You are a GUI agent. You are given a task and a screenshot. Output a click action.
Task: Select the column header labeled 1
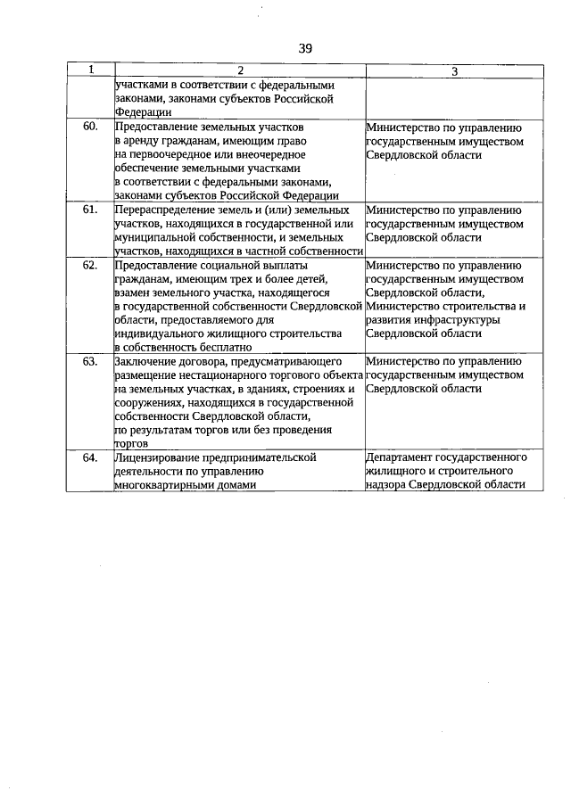coord(91,70)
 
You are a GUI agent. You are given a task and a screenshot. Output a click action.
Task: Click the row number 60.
coord(90,127)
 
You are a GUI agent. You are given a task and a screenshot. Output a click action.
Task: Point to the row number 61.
coord(90,210)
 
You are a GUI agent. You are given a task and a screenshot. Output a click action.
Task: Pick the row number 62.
coord(90,265)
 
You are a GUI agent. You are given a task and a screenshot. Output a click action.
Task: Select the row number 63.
coord(90,361)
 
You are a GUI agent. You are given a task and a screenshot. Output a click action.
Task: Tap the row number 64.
coord(90,457)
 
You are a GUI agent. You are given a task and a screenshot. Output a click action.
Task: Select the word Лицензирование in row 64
coord(157,457)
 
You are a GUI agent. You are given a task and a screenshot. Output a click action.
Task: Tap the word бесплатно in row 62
coord(225,347)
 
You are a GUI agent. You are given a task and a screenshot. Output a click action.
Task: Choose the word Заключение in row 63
coord(145,361)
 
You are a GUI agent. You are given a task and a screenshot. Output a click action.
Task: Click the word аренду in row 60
coord(139,141)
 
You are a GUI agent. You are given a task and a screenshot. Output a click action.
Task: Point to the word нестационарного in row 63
coord(216,375)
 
